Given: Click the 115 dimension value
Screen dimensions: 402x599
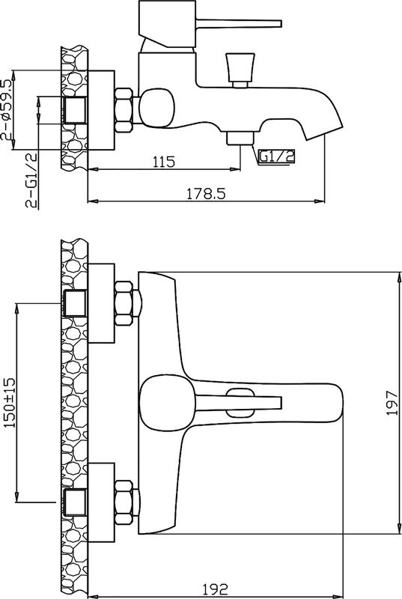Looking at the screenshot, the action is click(164, 162).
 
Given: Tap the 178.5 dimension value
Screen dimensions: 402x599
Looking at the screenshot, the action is click(206, 194).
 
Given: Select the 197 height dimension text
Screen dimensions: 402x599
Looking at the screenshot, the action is click(392, 403).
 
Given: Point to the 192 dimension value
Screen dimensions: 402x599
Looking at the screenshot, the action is click(216, 589).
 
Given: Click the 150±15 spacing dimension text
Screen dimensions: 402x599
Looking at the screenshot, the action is click(10, 402).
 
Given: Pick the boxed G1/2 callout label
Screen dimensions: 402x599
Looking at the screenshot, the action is click(277, 156).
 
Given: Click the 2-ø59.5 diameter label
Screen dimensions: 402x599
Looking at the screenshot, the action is click(7, 110).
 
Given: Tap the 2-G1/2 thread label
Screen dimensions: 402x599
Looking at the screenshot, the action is click(31, 180).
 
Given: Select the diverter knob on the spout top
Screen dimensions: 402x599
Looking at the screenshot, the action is click(240, 70).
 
